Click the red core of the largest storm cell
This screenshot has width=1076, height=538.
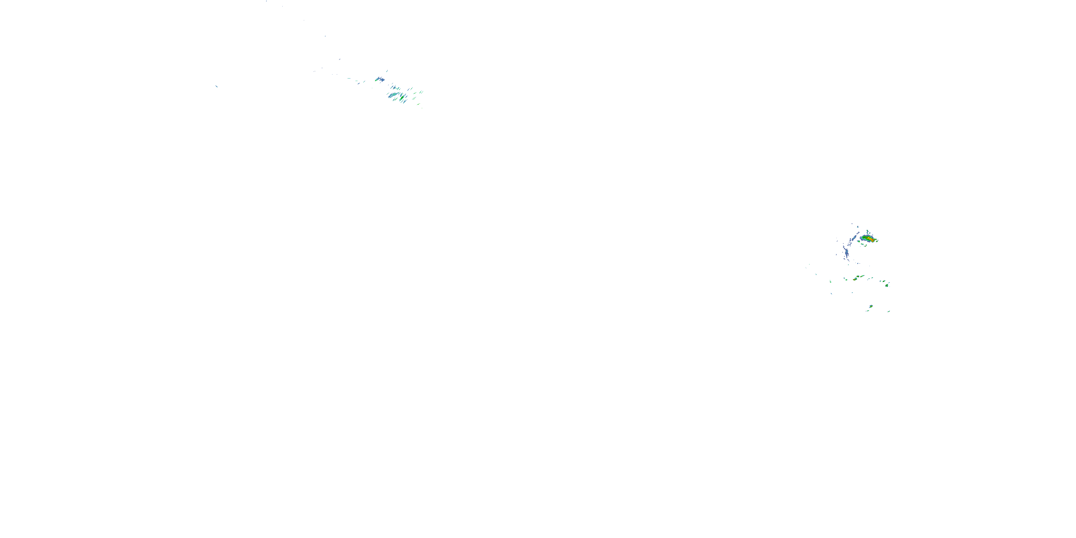pos(873,240)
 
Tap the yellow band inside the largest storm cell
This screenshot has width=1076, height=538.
pos(869,238)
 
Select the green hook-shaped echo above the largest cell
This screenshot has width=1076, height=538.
pos(867,232)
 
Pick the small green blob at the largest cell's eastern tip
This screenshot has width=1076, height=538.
pos(877,241)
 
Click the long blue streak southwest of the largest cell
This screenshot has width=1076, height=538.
pos(847,252)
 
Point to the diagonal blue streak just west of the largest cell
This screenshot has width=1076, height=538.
pos(854,238)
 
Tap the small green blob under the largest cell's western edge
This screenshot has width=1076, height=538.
pos(858,241)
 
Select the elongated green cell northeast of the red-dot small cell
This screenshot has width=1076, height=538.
pos(862,276)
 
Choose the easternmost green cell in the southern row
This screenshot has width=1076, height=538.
pos(887,286)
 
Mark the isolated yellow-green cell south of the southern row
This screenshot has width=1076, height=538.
pos(871,306)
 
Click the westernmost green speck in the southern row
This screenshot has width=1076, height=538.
pos(830,282)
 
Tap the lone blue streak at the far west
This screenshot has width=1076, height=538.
pos(216,86)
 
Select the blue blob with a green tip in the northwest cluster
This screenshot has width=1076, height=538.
pos(377,79)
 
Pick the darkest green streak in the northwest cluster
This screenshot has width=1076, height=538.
pos(402,98)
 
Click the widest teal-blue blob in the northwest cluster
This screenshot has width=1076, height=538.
pos(394,95)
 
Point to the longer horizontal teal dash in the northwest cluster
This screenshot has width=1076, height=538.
pos(349,79)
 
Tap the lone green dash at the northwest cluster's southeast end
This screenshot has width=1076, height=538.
pos(419,104)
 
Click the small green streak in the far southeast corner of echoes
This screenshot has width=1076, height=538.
pos(889,312)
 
